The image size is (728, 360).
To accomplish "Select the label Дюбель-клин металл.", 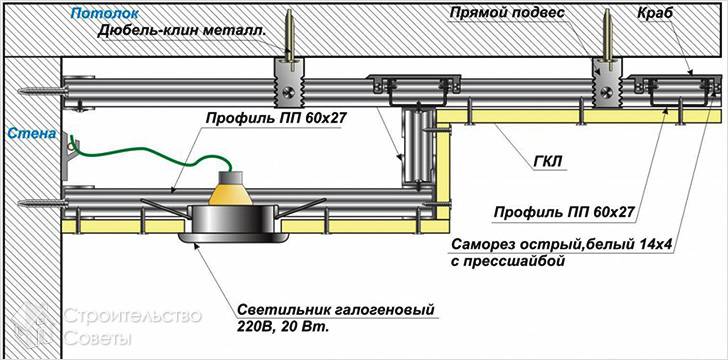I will coord(182,30).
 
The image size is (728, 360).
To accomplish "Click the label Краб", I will coord(656,14).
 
